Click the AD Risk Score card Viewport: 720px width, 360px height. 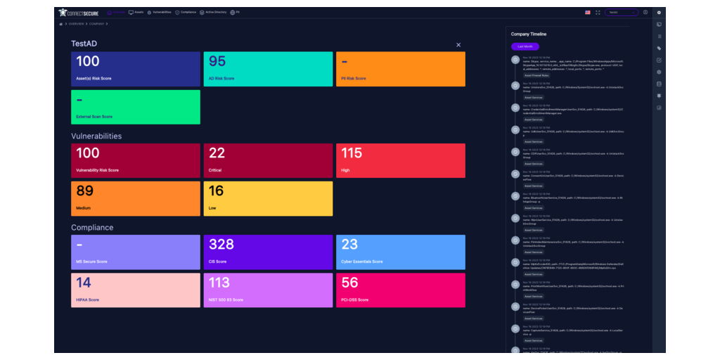pyautogui.click(x=268, y=69)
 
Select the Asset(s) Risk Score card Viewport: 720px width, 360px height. pyautogui.click(x=136, y=69)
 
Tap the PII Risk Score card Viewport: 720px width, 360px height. pyautogui.click(x=400, y=69)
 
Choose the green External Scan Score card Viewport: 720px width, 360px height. pyautogui.click(x=136, y=107)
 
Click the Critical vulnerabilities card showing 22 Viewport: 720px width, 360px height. pyautogui.click(x=268, y=160)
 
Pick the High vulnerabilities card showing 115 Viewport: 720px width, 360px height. pyautogui.click(x=400, y=160)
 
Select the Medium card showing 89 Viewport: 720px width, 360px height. pyautogui.click(x=136, y=198)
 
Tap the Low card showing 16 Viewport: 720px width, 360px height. pyautogui.click(x=268, y=198)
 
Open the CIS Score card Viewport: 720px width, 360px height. pyautogui.click(x=268, y=252)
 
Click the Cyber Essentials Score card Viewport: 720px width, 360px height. pyautogui.click(x=400, y=252)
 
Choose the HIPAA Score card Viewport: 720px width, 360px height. pyautogui.click(x=136, y=290)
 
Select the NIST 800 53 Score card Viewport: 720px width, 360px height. pyautogui.click(x=268, y=290)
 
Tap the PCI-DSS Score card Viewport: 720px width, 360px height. pyautogui.click(x=400, y=290)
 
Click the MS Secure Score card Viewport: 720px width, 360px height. pyautogui.click(x=136, y=252)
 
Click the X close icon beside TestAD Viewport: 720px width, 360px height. pyautogui.click(x=458, y=45)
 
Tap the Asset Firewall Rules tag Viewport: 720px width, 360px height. pyautogui.click(x=536, y=75)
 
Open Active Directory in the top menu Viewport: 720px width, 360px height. pyautogui.click(x=212, y=12)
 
